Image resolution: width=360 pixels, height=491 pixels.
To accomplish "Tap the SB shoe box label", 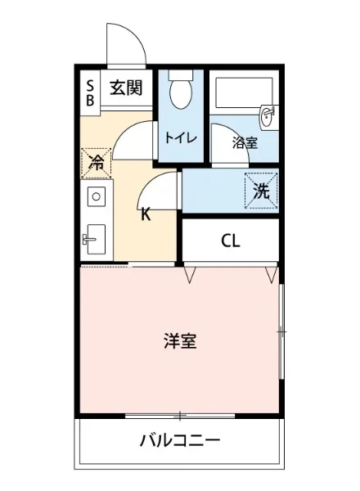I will point(90,90).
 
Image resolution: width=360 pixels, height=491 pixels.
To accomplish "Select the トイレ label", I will point(180,137).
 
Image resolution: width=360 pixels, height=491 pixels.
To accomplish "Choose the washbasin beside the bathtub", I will point(268,117).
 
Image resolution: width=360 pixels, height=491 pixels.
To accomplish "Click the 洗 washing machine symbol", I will point(261,192).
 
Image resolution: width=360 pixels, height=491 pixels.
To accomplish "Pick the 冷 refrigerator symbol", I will point(96,161).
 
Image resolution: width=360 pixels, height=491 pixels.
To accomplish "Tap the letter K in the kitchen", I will point(145,215).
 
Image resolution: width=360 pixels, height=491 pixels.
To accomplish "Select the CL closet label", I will point(230,241).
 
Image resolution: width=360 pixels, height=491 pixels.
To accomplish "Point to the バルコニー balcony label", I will point(179,442).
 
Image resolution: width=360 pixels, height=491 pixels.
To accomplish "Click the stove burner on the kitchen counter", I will point(96,196).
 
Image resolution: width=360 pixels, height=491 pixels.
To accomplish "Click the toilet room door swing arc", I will point(131,139).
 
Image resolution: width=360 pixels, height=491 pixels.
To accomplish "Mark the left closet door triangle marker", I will point(190,274).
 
